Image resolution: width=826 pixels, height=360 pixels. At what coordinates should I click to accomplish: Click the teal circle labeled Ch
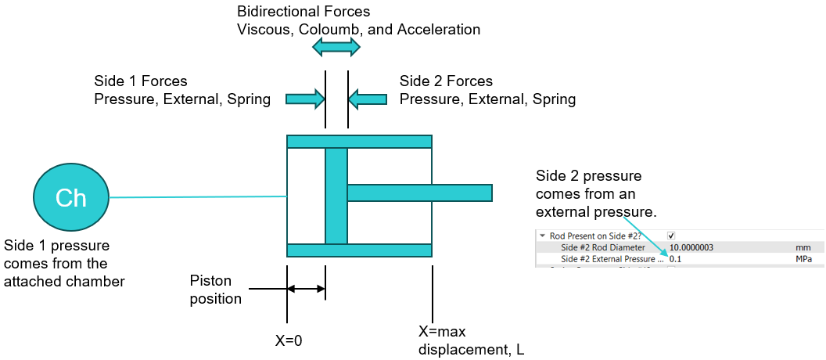tap(70, 197)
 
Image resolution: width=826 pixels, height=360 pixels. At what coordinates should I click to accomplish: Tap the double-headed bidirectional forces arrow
tap(336, 48)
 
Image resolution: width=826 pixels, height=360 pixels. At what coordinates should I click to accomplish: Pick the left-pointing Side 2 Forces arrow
tap(368, 99)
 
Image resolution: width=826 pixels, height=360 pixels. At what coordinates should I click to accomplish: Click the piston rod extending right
tap(419, 192)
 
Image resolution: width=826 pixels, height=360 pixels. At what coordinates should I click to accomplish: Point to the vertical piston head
tap(336, 196)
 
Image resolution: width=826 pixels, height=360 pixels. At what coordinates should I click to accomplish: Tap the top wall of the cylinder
tap(359, 142)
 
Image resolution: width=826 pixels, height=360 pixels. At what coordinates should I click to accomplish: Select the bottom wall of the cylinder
tap(359, 250)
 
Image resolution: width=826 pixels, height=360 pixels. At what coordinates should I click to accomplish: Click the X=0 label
tap(288, 340)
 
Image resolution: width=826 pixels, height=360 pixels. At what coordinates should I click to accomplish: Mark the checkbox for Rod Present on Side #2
tap(671, 236)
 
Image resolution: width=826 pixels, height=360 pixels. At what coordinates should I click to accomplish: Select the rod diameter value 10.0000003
tap(691, 247)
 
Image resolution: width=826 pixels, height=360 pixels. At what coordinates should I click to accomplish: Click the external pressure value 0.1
tap(676, 259)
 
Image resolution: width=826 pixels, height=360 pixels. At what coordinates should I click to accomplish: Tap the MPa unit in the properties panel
tap(804, 259)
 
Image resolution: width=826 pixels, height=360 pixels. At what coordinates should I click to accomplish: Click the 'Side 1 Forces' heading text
tap(141, 81)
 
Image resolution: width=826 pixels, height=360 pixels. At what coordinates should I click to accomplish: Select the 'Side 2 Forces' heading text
tap(446, 81)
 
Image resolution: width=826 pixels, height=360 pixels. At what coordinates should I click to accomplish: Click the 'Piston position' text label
tap(216, 289)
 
